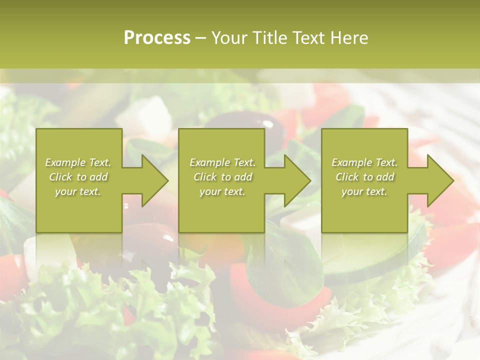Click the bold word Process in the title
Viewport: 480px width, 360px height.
(157, 38)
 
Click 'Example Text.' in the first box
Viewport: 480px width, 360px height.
(78, 162)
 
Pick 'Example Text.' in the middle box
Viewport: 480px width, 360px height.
(222, 162)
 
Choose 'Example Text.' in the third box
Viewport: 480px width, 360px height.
(364, 162)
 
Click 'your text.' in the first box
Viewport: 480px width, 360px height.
(78, 191)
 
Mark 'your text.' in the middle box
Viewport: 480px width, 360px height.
(222, 191)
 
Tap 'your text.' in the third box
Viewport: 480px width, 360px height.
(364, 191)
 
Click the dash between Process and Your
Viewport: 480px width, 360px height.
(201, 38)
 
